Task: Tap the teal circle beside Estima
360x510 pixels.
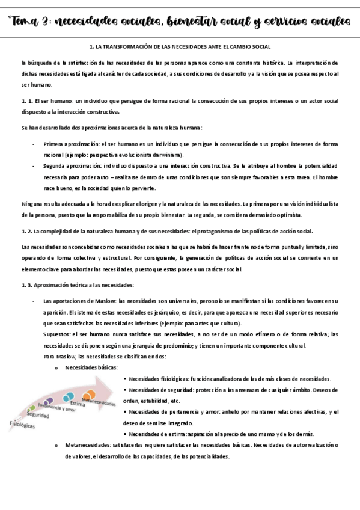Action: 69,396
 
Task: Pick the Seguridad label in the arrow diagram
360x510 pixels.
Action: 38,416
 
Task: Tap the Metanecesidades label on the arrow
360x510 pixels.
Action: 99,402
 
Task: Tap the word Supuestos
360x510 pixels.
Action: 57,334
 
